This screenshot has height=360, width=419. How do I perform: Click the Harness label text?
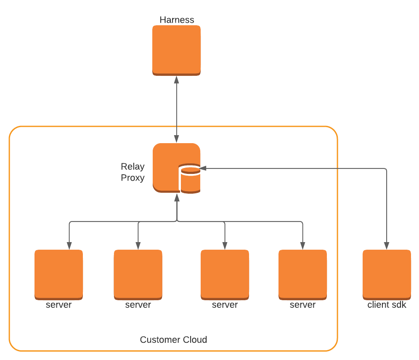pos(177,20)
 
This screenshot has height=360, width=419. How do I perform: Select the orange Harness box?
pos(176,50)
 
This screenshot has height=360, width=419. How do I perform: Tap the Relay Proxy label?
pos(133,172)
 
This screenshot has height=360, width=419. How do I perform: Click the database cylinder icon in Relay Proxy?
pos(190,179)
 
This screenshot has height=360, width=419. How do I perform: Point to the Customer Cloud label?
pos(173,340)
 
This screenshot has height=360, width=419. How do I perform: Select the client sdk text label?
pos(387,305)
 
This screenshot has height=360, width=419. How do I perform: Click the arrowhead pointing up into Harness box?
pos(177,80)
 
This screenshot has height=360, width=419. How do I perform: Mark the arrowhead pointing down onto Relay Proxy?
pos(177,139)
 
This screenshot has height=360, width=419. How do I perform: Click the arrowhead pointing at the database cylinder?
pos(203,168)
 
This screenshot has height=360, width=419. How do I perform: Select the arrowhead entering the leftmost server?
pos(69,246)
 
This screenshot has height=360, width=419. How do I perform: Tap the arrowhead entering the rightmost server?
pos(302,246)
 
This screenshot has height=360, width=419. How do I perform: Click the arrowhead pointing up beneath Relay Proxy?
pos(177,197)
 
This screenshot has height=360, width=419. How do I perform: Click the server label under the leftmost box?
pos(58,305)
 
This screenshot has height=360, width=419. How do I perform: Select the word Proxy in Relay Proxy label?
pos(133,178)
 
